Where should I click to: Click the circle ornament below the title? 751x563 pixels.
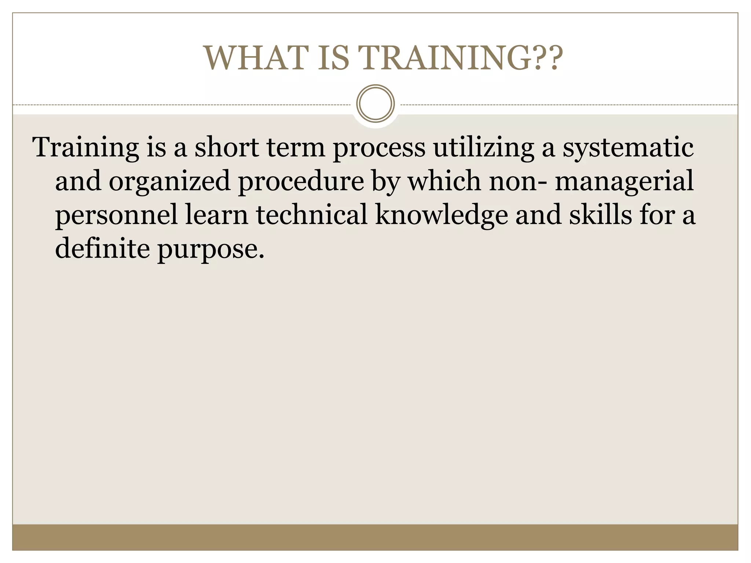coord(375,103)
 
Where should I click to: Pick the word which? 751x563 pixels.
coord(444,181)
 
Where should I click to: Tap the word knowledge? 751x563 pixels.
coord(442,216)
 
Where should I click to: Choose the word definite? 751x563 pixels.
coord(102,249)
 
